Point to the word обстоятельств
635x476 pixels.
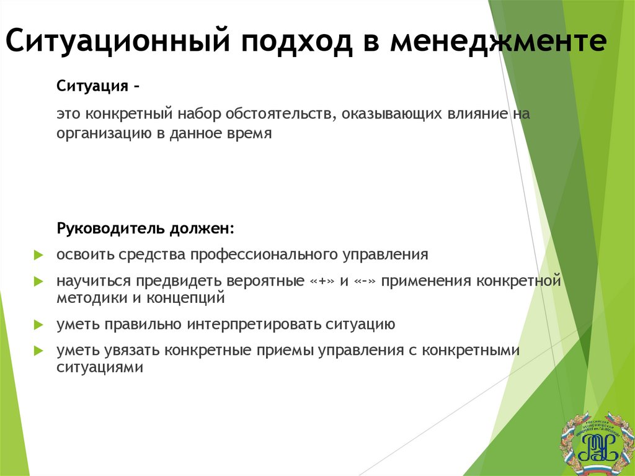click(278, 114)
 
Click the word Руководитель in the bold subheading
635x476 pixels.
click(110, 228)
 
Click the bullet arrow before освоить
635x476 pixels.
click(38, 254)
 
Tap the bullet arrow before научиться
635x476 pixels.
click(38, 281)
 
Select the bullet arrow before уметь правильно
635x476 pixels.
click(38, 325)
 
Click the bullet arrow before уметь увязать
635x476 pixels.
click(38, 351)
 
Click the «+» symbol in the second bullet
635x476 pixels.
click(322, 281)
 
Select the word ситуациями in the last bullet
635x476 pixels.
click(100, 368)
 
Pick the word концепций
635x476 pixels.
click(185, 298)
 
